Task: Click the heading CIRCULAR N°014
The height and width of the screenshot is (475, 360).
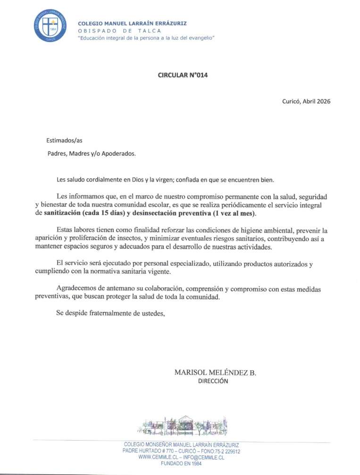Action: (182, 75)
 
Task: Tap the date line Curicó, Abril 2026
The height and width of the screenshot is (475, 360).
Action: (306, 101)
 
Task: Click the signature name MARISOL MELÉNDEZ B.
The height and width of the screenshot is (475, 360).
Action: (215, 373)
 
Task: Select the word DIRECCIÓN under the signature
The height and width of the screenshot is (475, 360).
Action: (213, 382)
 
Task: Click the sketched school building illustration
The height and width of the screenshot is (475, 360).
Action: (182, 425)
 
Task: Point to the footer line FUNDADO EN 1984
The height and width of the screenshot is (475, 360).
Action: (181, 464)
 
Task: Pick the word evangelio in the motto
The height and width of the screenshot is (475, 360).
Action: (199, 37)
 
